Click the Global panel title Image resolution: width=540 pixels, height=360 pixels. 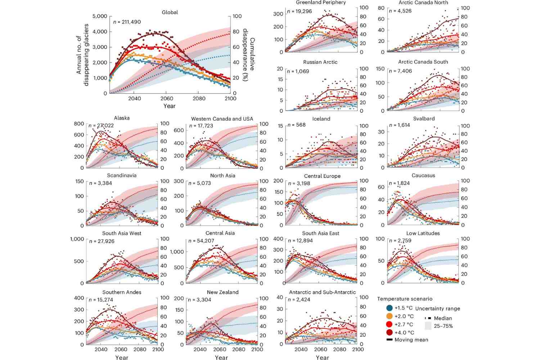170,12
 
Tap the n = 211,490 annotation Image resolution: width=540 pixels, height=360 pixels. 127,22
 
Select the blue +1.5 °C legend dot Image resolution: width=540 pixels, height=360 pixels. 389,308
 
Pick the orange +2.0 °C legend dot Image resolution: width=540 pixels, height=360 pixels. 389,316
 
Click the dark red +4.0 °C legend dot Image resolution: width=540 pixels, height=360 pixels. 389,332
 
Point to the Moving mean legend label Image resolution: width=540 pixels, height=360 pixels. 411,340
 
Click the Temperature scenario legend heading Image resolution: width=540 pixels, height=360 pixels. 405,299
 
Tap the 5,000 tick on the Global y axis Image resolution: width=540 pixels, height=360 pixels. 100,16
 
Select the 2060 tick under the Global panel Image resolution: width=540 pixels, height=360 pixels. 167,99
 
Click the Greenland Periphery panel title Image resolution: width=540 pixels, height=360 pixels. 321,3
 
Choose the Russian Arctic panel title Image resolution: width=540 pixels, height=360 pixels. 320,62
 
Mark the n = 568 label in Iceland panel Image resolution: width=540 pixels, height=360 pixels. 296,125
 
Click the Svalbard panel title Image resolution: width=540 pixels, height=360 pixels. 424,118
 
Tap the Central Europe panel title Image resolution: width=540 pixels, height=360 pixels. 322,176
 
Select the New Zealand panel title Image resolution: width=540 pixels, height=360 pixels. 222,292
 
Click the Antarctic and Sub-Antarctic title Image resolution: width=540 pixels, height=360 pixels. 322,292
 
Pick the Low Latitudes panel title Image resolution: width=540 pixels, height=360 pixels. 423,233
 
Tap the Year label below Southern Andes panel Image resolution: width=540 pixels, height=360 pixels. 122,357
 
